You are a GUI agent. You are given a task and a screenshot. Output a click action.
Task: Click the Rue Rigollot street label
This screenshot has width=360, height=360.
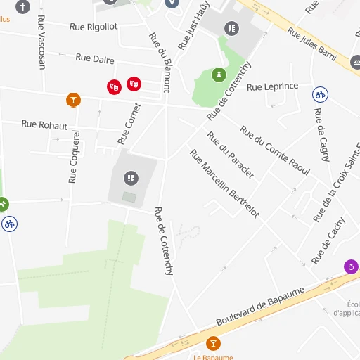[94, 27]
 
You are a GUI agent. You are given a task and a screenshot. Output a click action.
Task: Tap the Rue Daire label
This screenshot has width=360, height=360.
[95, 58]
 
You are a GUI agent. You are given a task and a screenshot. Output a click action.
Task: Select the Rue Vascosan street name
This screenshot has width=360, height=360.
[41, 42]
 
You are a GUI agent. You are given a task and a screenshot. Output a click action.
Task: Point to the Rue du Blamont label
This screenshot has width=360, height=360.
[159, 63]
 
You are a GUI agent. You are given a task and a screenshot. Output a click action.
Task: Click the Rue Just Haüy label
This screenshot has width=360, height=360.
[194, 26]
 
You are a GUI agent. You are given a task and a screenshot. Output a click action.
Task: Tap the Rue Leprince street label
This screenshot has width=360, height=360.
[273, 87]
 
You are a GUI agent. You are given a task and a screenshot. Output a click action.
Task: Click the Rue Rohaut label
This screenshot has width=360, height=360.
[44, 125]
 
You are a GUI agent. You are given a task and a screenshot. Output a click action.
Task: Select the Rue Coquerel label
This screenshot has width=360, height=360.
[74, 155]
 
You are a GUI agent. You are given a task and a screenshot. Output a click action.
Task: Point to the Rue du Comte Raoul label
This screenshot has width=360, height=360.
[275, 150]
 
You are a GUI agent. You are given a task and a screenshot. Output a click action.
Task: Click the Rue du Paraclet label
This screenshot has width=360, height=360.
[230, 155]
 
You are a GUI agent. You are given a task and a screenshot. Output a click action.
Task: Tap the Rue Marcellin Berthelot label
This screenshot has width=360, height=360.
[224, 184]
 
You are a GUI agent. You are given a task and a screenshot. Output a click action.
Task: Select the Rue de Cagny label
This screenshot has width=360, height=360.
[321, 135]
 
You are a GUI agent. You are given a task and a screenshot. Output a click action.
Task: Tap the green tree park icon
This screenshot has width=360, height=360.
[219, 74]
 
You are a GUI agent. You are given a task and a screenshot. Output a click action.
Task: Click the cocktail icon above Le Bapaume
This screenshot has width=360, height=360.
[213, 343]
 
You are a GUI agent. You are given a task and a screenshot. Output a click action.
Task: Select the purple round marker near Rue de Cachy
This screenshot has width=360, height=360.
[350, 267]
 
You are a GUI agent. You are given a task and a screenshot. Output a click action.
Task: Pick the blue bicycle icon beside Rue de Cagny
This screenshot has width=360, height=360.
[320, 94]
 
